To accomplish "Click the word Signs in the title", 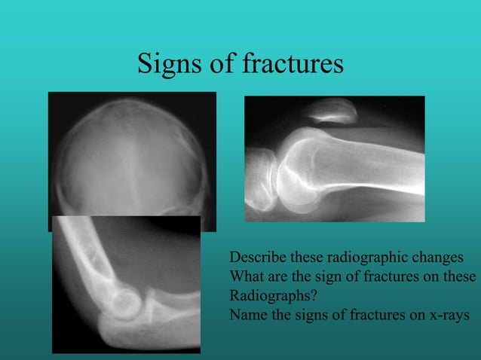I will coord(170,65).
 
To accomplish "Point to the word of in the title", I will coord(222,65).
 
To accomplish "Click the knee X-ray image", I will coord(334,158).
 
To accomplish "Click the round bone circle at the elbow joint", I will coord(124,304).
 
